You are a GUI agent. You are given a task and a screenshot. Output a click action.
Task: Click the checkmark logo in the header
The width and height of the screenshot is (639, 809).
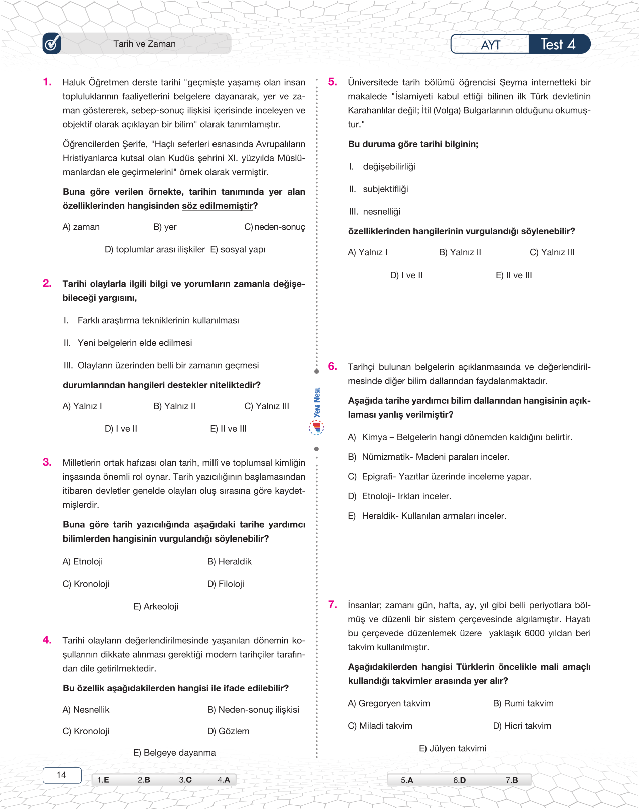52,43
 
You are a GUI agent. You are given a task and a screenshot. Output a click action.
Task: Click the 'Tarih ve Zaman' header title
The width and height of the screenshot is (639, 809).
144,44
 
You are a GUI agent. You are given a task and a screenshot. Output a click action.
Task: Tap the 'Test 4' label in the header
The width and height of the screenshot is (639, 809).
558,44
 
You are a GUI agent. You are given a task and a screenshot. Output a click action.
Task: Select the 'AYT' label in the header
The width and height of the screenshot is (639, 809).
490,45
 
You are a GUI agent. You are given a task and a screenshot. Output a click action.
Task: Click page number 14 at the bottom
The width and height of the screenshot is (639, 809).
61,775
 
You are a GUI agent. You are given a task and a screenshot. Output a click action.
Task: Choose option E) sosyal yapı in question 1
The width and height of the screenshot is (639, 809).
238,249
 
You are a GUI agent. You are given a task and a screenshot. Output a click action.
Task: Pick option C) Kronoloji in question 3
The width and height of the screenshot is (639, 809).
86,584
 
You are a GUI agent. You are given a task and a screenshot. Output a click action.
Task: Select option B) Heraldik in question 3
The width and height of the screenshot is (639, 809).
230,561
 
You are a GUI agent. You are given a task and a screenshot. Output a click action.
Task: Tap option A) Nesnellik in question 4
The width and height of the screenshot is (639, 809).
86,710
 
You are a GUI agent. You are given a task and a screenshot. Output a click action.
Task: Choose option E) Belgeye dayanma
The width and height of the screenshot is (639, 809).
174,753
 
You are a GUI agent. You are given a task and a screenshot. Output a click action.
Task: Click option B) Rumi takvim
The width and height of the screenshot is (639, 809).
523,703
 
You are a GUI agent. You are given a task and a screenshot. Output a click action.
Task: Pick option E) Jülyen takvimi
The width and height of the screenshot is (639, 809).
453,748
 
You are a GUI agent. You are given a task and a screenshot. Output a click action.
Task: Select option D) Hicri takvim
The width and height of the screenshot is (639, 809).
522,726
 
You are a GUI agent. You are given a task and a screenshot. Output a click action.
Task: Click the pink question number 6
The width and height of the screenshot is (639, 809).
332,366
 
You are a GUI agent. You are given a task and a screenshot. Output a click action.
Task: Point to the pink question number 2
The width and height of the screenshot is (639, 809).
47,283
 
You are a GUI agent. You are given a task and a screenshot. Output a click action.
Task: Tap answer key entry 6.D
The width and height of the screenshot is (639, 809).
459,780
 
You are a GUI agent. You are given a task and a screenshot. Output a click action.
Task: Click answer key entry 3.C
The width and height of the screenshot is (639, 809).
185,780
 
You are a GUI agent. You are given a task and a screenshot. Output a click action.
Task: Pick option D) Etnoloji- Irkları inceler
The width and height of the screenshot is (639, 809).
399,496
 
